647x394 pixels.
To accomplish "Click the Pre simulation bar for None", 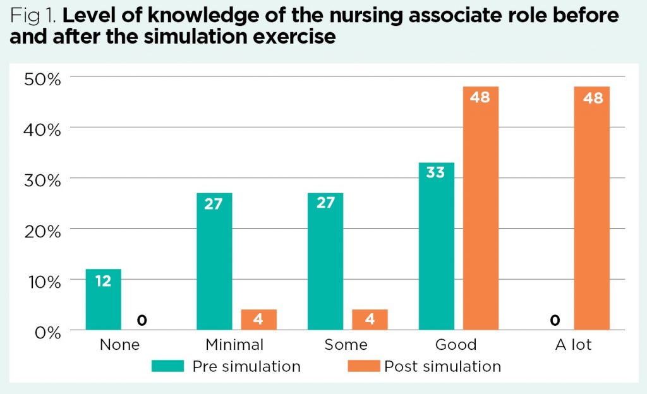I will click(x=103, y=299).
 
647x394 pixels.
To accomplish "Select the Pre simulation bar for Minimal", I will click(x=214, y=261).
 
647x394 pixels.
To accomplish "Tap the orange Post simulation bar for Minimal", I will click(x=258, y=319).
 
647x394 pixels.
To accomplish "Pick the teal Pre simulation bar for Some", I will click(x=325, y=261).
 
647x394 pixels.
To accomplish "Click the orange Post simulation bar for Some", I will click(x=370, y=319).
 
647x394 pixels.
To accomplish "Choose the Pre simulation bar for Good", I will click(x=436, y=246).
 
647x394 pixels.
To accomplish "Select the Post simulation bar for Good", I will click(x=481, y=208).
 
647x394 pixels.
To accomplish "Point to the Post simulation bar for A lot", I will click(x=592, y=208).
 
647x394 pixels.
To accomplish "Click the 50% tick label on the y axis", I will click(x=42, y=78).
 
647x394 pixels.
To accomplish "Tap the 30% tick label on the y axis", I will click(x=42, y=179).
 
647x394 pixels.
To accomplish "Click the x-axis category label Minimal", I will click(x=234, y=345).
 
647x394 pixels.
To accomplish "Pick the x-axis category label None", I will click(x=120, y=345).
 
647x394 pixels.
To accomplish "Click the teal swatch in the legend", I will click(x=167, y=366).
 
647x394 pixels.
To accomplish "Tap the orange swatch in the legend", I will click(x=363, y=366).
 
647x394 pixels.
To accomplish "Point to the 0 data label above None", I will click(x=142, y=321).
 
